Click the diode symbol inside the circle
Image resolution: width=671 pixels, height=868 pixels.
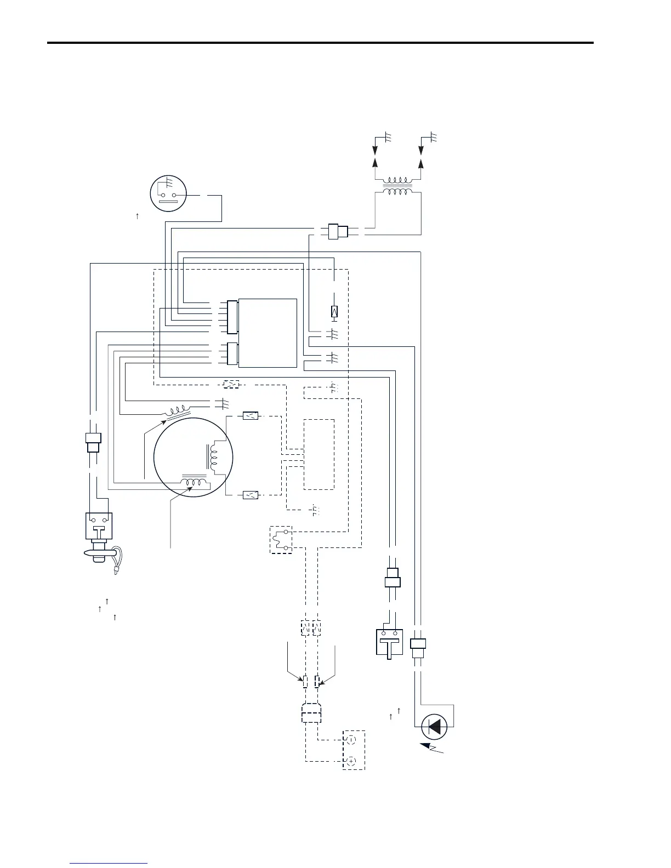click(x=434, y=727)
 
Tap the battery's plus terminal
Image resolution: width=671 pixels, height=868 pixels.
click(x=351, y=761)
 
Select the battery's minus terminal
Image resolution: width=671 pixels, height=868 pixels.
click(x=351, y=740)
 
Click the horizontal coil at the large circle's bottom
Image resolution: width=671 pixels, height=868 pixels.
click(x=195, y=483)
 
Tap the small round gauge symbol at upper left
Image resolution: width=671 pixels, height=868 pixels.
click(x=168, y=195)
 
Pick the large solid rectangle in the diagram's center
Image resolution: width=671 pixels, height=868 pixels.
click(x=268, y=333)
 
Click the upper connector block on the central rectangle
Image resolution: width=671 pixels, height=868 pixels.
click(x=232, y=317)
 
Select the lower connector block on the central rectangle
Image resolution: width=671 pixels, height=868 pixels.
click(x=232, y=354)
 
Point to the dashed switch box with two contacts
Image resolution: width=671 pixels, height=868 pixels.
click(x=281, y=540)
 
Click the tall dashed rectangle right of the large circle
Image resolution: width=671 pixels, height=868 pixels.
click(x=319, y=454)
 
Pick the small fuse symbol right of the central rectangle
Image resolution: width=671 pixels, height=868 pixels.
click(x=334, y=311)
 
